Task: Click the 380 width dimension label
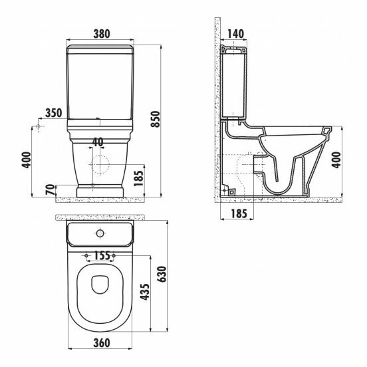(102, 34)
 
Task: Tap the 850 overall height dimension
(156, 119)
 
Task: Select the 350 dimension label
(54, 113)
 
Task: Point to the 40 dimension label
(98, 142)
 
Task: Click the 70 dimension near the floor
(51, 190)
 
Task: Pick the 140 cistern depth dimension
(235, 34)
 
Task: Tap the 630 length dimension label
(162, 274)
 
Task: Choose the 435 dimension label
(145, 292)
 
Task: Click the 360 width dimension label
(102, 343)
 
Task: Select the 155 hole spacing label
(102, 255)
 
